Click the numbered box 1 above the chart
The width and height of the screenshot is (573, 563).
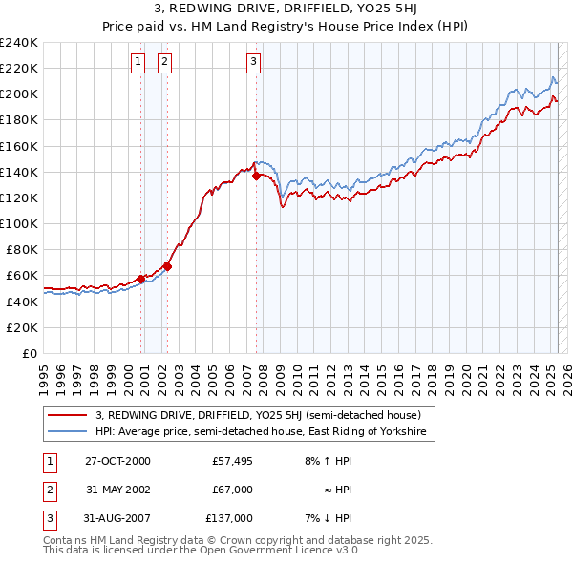point(138,62)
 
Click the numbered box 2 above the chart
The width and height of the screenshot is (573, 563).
point(165,62)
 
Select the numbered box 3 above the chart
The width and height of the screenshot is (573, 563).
point(254,62)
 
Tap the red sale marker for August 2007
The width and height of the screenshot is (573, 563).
point(256,176)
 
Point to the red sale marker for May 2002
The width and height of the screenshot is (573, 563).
point(167,267)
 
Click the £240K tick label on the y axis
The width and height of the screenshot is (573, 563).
point(19,42)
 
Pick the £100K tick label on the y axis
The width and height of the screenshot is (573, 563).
point(19,223)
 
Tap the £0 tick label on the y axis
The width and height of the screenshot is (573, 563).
point(29,353)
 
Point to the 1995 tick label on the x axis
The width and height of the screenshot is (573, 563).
point(43,375)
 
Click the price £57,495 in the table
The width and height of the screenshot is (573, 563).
point(231,461)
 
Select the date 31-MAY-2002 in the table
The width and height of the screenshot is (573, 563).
point(117,490)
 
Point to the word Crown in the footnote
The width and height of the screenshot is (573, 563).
point(229,540)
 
